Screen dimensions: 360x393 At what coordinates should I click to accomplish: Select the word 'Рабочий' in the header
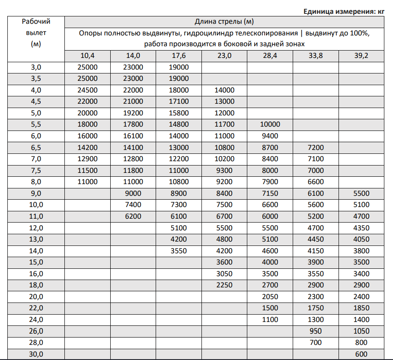(36, 21)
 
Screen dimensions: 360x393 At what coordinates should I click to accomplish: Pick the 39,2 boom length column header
(361, 56)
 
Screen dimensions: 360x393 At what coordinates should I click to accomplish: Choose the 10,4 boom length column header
(87, 56)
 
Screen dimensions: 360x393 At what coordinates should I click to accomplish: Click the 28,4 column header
(270, 56)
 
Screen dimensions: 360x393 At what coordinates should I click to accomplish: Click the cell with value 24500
(87, 90)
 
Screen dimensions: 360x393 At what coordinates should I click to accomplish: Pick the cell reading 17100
(179, 102)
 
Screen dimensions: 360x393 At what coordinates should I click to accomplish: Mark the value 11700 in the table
(224, 124)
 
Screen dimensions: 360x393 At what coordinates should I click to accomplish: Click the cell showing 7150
(270, 193)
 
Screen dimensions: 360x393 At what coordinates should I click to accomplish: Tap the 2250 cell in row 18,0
(224, 285)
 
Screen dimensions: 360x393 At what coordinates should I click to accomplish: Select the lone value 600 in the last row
(361, 354)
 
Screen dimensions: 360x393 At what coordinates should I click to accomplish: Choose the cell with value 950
(316, 331)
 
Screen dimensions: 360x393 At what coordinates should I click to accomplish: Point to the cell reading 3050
(224, 274)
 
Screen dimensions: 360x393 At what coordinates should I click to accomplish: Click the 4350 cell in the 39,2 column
(361, 227)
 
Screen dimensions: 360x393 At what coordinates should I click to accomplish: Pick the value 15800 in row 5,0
(179, 113)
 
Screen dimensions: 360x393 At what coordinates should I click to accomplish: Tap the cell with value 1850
(361, 308)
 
